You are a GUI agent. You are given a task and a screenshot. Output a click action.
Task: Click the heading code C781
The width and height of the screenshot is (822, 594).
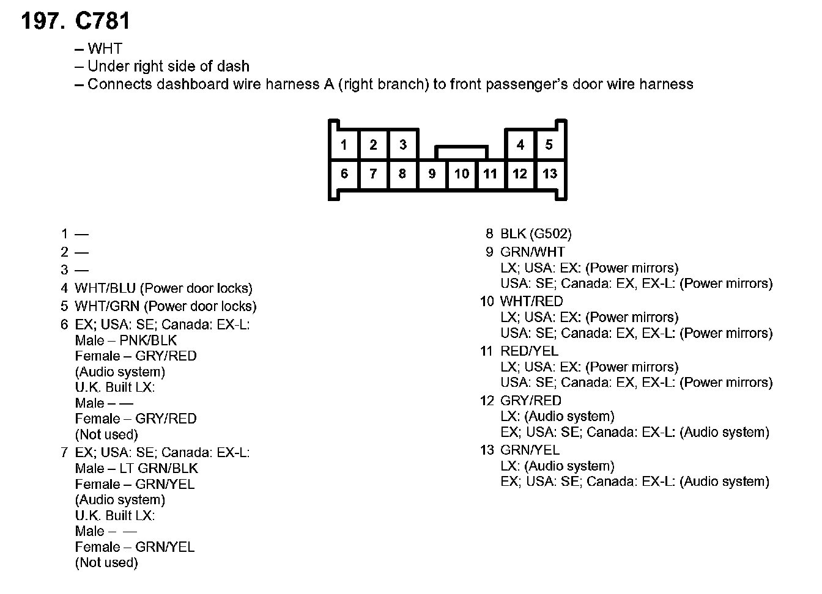[x=102, y=21]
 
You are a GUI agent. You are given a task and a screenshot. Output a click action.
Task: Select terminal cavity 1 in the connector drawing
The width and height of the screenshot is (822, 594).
[x=344, y=145]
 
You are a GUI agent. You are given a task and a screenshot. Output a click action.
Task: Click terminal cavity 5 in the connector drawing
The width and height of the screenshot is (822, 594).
[x=549, y=145]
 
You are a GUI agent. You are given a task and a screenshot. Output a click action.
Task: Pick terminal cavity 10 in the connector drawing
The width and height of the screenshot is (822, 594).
[x=461, y=174]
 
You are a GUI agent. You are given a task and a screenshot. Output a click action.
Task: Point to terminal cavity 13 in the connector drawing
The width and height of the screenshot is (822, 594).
[x=549, y=174]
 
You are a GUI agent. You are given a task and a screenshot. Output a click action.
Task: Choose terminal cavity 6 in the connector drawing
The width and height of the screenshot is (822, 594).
[x=344, y=174]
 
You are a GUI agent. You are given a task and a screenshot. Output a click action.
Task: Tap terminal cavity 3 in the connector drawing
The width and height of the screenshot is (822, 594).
[x=402, y=145]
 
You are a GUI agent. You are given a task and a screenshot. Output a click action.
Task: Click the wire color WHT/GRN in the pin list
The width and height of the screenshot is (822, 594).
[x=107, y=306]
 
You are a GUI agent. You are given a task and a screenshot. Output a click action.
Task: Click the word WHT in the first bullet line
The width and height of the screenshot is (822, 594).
[x=105, y=49]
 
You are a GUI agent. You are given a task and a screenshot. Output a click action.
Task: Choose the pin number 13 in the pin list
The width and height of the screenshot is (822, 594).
[x=487, y=450]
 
